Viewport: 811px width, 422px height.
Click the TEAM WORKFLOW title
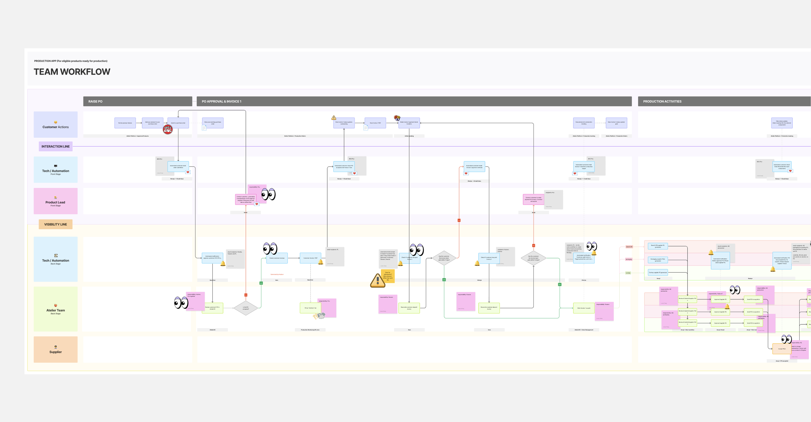(x=72, y=72)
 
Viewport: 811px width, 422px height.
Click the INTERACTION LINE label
(x=55, y=146)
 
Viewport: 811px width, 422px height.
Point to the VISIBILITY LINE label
(x=55, y=225)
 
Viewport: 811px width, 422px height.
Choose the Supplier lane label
(x=55, y=350)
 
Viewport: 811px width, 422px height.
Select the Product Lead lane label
(x=55, y=201)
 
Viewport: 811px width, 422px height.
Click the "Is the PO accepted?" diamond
(x=246, y=308)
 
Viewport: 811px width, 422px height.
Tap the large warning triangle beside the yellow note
(x=377, y=280)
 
